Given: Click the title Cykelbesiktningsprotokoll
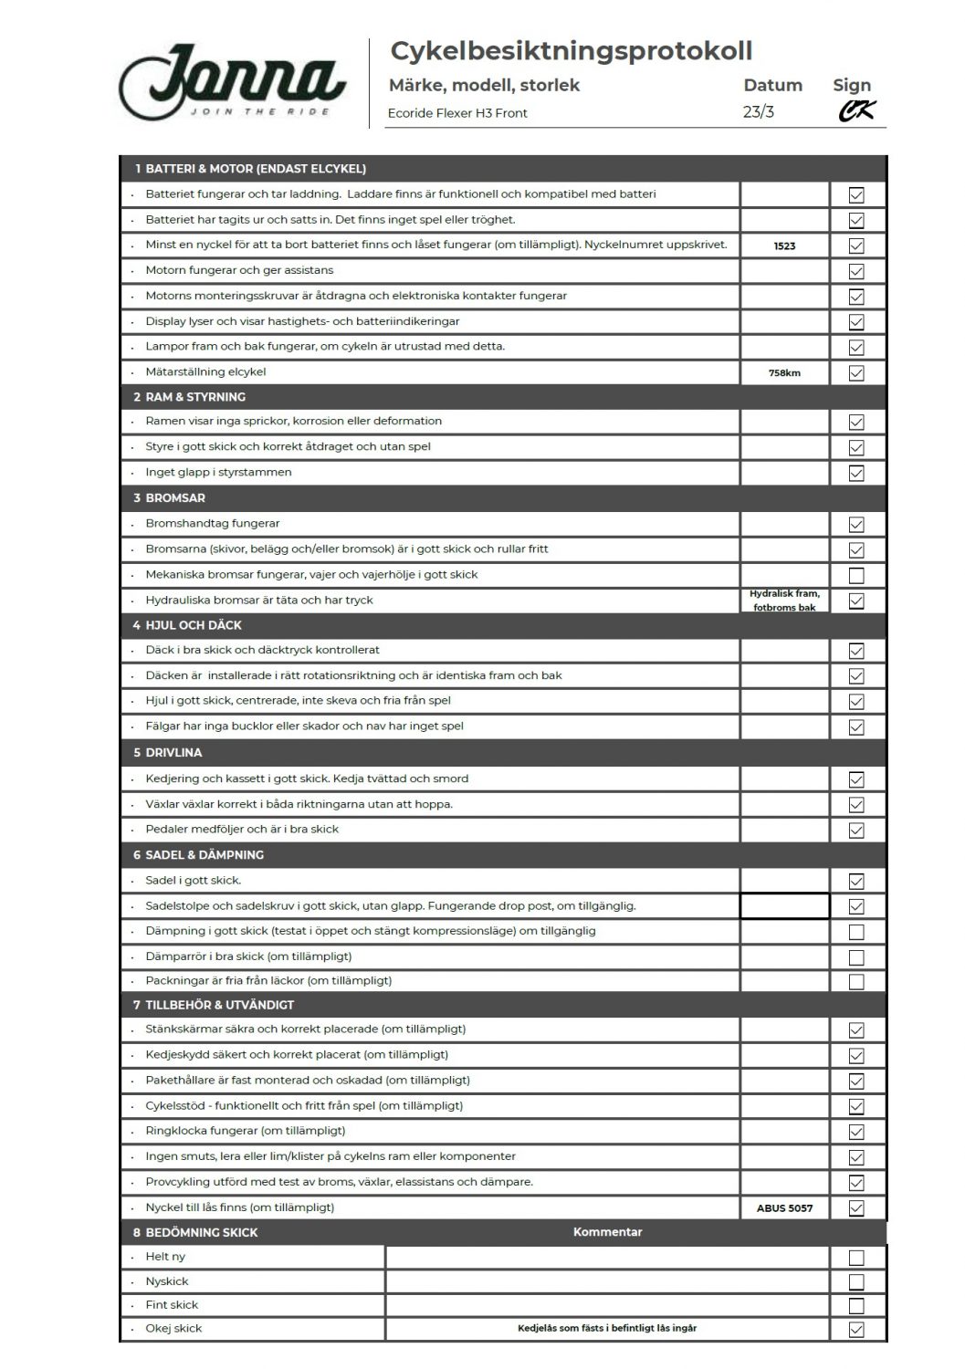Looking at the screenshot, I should pyautogui.click(x=571, y=51).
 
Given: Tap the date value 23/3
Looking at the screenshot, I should pyautogui.click(x=759, y=112).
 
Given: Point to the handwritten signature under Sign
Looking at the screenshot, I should pyautogui.click(x=856, y=111).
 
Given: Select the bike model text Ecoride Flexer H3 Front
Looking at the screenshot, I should pyautogui.click(x=457, y=113).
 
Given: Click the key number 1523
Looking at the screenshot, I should pyautogui.click(x=784, y=246).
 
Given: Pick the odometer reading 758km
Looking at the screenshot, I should pyautogui.click(x=784, y=372).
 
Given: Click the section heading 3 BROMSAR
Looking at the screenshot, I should pyautogui.click(x=170, y=498).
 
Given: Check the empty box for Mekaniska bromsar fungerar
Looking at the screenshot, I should pyautogui.click(x=856, y=576).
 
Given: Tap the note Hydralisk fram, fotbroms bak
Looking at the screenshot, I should pyautogui.click(x=784, y=601).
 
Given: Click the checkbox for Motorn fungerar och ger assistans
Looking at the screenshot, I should pyautogui.click(x=856, y=271).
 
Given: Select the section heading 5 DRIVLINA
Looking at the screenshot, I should pyautogui.click(x=168, y=753).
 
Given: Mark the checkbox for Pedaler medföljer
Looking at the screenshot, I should pyautogui.click(x=856, y=831).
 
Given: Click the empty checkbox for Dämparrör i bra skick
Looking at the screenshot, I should pyautogui.click(x=856, y=957).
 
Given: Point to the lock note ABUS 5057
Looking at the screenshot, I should pyautogui.click(x=784, y=1208).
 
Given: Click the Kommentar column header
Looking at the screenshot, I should pyautogui.click(x=607, y=1232).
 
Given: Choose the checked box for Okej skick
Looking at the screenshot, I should pyautogui.click(x=856, y=1330).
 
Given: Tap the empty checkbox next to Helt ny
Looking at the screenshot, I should pyautogui.click(x=856, y=1258).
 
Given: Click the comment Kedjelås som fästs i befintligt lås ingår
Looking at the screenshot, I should pyautogui.click(x=607, y=1329).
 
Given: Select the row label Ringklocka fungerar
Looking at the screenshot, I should pyautogui.click(x=245, y=1131).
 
